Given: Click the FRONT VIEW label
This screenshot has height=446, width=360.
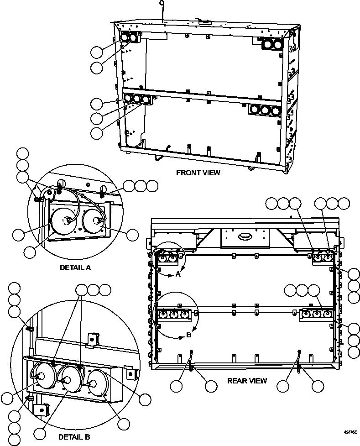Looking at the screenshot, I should [198, 173].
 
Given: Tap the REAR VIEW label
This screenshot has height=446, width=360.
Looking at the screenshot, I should [247, 380].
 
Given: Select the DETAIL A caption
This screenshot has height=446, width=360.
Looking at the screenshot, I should [75, 268].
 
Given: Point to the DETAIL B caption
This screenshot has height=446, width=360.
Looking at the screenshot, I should [74, 437].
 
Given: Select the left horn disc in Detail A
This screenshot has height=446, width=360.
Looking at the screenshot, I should [64, 221].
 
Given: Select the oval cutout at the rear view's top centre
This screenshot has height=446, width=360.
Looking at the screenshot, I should [245, 236].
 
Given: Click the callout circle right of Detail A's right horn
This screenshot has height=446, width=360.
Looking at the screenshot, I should [132, 235].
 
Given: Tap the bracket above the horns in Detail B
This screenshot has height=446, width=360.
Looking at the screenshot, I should [93, 338].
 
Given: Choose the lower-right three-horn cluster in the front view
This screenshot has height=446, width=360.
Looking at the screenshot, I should [264, 110].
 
